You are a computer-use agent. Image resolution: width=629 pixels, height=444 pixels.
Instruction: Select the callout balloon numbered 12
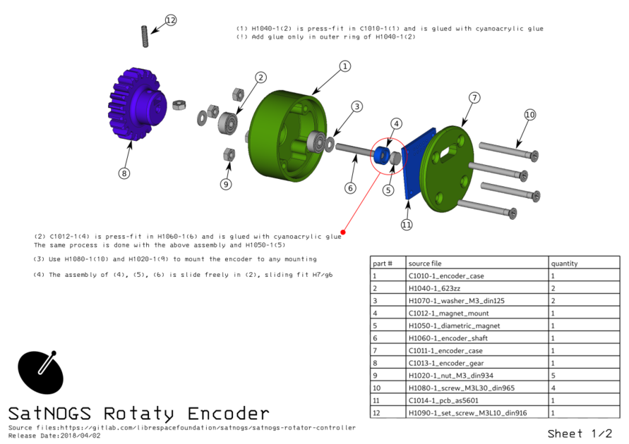171,20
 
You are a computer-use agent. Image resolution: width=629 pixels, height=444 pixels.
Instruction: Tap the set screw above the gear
145,37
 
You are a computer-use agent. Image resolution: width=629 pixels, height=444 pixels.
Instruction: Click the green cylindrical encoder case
279,141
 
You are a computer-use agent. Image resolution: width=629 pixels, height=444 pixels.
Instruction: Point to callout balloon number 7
474,97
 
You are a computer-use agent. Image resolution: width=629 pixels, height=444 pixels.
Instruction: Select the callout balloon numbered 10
530,114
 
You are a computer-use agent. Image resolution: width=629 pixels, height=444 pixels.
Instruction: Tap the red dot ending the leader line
343,231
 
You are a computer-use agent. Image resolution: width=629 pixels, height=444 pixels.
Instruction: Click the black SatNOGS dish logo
40,371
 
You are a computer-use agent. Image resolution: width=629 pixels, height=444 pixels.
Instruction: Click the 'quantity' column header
564,263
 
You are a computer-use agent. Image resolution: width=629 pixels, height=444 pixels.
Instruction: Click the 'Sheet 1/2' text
579,433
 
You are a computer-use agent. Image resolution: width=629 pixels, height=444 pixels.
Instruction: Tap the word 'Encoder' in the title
228,413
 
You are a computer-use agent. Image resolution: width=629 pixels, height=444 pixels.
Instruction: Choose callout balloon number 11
407,225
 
